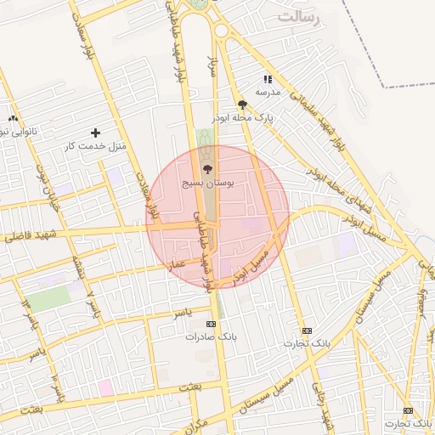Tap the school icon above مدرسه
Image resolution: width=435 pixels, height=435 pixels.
click(268, 78)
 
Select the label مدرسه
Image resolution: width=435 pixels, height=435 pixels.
click(267, 92)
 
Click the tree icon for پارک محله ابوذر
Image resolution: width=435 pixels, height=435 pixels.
click(243, 105)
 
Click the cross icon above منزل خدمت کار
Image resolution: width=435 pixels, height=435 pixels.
click(95, 133)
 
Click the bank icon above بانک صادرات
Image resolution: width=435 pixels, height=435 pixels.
click(212, 324)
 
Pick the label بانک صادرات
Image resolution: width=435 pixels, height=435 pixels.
click(211, 337)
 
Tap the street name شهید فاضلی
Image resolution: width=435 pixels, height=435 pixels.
click(25, 236)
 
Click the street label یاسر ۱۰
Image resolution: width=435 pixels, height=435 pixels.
click(56, 387)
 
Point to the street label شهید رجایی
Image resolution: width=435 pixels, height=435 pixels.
click(324, 408)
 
